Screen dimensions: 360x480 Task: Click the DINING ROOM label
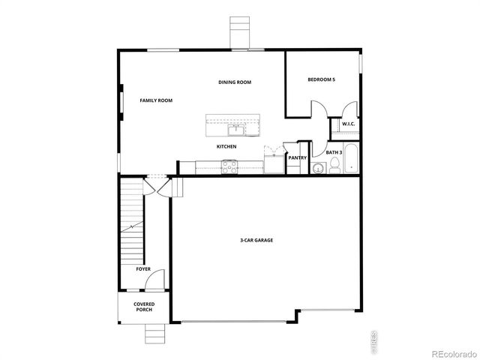[x=234, y=82]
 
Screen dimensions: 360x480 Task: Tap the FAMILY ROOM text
[x=156, y=100]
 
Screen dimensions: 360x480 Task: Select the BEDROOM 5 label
[x=321, y=79]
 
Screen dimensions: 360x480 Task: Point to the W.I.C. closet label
[x=348, y=124]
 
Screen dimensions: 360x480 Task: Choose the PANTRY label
[x=297, y=157]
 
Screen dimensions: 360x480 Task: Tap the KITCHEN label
[x=227, y=146]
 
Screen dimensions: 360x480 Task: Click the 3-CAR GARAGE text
[x=256, y=241]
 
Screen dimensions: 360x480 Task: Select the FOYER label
[x=143, y=268]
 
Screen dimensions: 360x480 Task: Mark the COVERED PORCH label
[x=144, y=307]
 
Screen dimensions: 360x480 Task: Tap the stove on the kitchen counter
[x=229, y=166]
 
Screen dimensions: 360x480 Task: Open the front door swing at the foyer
[x=152, y=281]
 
